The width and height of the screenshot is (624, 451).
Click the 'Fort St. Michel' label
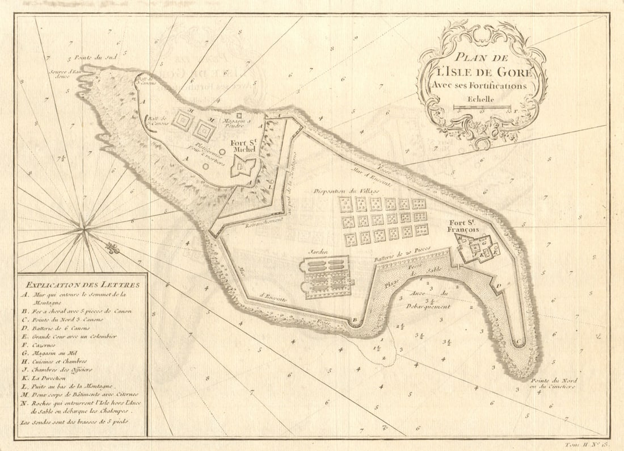(x=243, y=145)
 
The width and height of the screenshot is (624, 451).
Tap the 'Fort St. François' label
(x=463, y=225)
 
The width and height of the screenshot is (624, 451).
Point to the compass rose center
(x=85, y=230)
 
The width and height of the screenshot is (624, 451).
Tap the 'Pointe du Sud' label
(x=87, y=58)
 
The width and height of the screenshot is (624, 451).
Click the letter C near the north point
(x=517, y=342)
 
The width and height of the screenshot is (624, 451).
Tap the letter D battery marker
(x=499, y=286)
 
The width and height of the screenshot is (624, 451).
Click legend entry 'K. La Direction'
(x=45, y=377)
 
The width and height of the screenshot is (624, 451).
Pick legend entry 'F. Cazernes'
(x=43, y=344)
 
